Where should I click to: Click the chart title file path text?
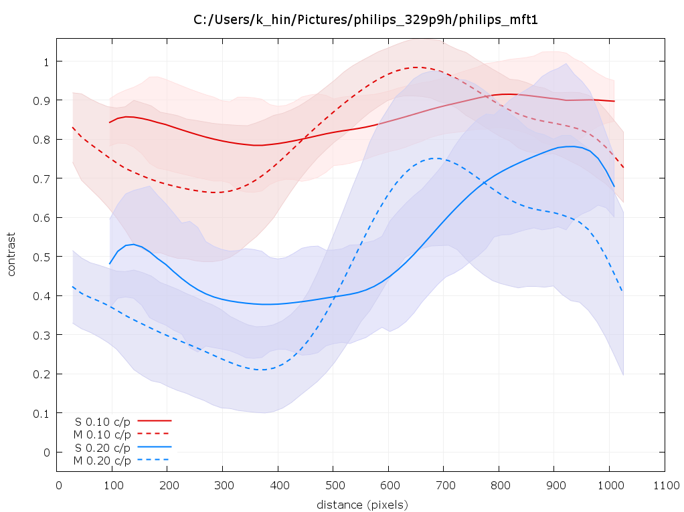point(366,20)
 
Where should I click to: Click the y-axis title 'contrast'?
point(11,255)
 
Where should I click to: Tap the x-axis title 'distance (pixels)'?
point(362,503)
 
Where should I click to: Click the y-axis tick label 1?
point(47,61)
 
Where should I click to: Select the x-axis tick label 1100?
point(664,485)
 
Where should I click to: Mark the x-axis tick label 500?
point(334,485)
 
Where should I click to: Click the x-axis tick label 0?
point(59,485)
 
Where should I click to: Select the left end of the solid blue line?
point(110,264)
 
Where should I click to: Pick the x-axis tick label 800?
point(499,485)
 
